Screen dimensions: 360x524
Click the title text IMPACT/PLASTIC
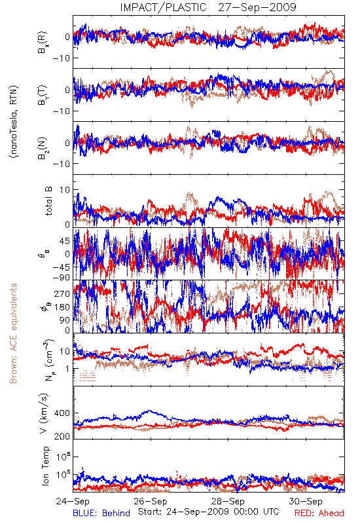(163, 7)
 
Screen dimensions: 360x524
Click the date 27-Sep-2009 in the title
(257, 7)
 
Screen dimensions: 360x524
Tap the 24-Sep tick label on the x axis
(73, 501)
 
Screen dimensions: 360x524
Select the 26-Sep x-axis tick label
(151, 501)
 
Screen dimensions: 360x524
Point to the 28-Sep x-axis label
(228, 501)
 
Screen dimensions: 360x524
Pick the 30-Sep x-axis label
(306, 501)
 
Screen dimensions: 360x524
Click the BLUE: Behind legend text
(101, 513)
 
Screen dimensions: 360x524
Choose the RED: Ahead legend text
(319, 513)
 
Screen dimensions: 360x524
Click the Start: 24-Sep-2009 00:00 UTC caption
(209, 512)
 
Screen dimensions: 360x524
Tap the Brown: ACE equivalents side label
(13, 333)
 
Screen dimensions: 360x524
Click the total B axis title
(48, 201)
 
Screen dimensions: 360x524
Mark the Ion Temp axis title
(45, 466)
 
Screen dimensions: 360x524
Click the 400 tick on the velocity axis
(62, 413)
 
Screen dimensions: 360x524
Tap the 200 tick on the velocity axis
(62, 436)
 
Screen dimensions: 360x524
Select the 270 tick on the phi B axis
(62, 293)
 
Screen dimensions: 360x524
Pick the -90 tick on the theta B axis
(62, 277)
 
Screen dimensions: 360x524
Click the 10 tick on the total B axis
(65, 190)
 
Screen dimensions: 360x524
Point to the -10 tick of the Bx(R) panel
(62, 58)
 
